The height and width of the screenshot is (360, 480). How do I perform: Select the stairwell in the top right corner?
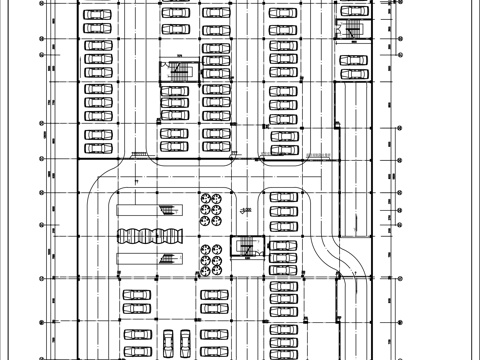pos(351,32)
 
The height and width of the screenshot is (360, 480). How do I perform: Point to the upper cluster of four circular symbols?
pos(211,203)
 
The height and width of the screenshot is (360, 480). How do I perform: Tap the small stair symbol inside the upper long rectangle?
pos(166,209)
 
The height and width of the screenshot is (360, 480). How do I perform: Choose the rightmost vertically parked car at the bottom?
pos(187,340)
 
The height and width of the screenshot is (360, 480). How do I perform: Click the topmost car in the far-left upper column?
pos(97,15)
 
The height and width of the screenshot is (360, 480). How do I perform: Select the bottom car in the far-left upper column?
pos(97,148)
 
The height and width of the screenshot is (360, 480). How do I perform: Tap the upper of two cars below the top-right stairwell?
pos(351,61)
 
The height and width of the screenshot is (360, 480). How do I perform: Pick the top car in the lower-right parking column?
pos(282,198)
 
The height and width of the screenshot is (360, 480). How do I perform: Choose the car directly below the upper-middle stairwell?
pos(174,91)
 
